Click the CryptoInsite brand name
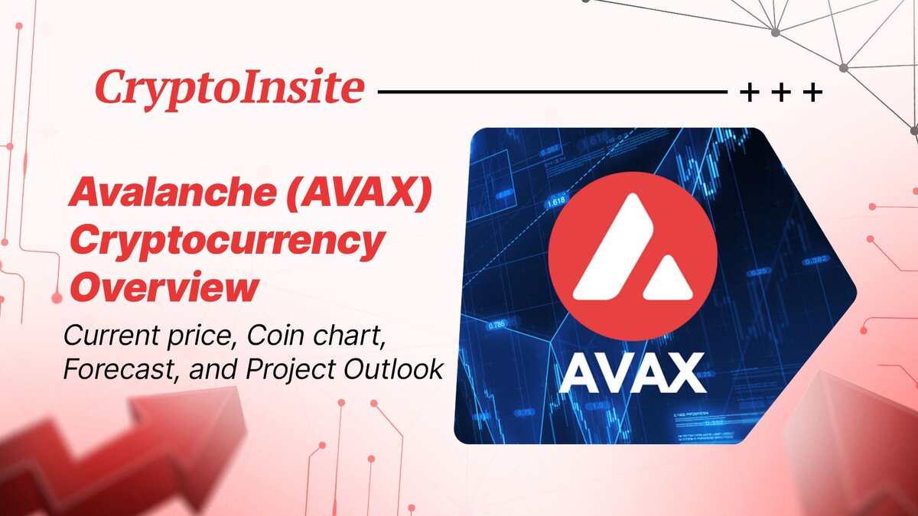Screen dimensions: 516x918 (x=229, y=89)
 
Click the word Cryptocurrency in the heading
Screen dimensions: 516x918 (x=226, y=243)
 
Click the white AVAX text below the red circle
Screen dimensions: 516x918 (x=632, y=375)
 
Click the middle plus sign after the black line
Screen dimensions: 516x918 (x=782, y=93)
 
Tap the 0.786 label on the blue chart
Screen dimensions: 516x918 (x=498, y=325)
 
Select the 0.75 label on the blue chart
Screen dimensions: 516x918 (x=525, y=413)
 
